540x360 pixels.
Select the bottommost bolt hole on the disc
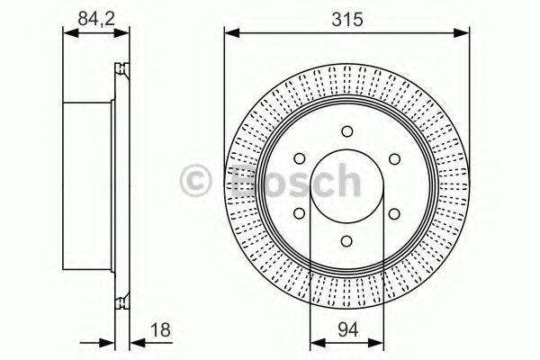[x=346, y=241]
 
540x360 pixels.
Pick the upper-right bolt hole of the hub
[x=393, y=160]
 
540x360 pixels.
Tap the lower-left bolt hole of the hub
[x=300, y=214]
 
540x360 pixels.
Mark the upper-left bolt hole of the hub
[x=300, y=160]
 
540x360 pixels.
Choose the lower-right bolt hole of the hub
[x=393, y=214]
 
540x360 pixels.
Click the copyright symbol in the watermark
[x=197, y=181]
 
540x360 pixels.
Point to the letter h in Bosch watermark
[x=346, y=181]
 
